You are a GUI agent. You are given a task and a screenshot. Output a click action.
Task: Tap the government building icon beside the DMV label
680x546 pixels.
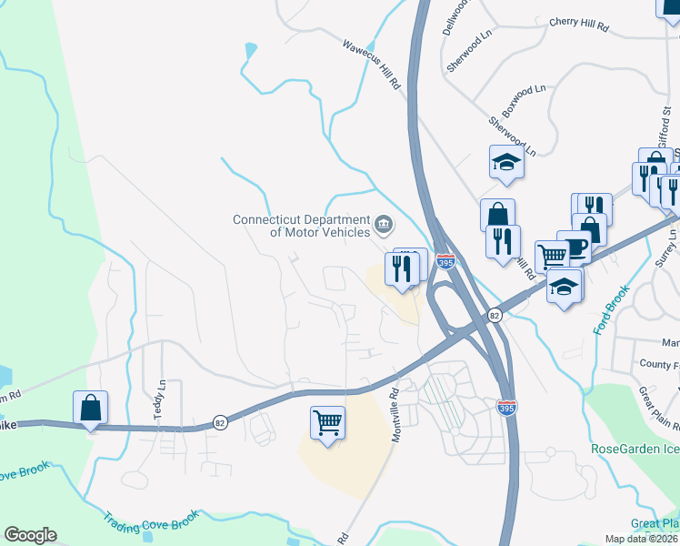coord(384,223)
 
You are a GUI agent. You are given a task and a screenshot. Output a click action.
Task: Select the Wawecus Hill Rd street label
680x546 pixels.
coord(372,64)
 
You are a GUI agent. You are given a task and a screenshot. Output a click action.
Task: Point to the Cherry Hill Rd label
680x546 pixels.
coord(578,25)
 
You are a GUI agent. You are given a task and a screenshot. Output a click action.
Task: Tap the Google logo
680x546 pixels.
coord(30,535)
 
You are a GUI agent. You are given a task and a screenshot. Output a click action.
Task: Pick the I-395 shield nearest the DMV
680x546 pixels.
coord(445,262)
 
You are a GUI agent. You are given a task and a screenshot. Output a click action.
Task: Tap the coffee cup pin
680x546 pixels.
coord(575,247)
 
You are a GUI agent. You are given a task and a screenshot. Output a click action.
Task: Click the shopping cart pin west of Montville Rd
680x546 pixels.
coord(326,422)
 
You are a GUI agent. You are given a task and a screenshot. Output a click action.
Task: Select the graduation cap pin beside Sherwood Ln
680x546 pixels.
coord(506,163)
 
